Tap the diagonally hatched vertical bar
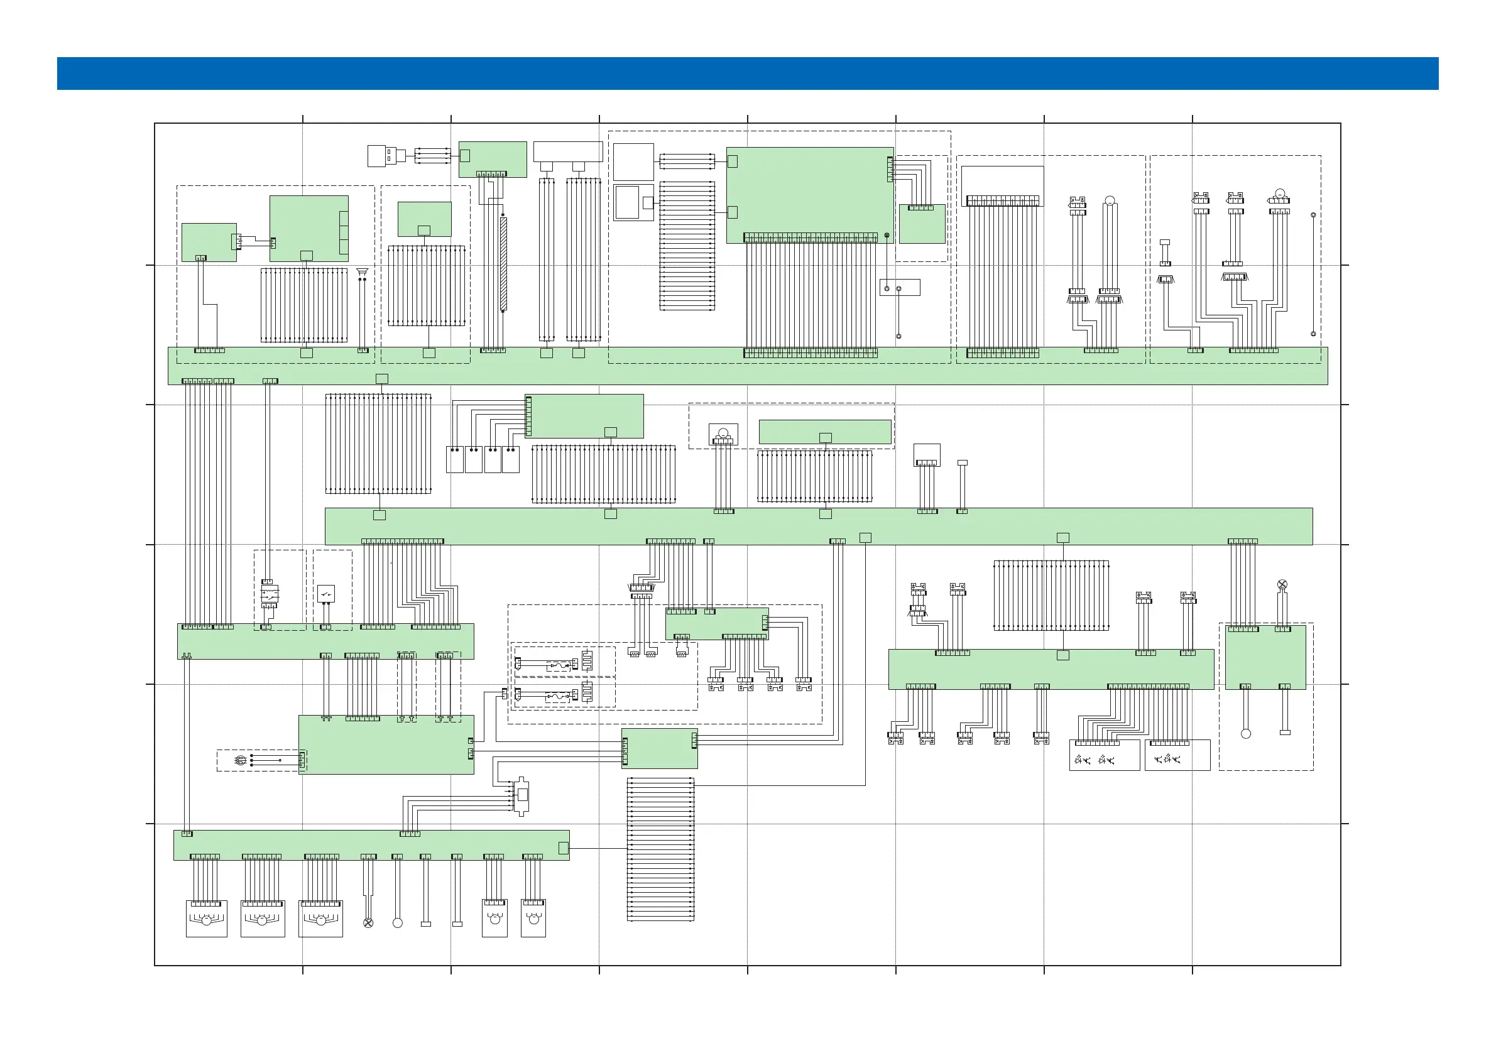point(503,264)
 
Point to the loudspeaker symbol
point(363,271)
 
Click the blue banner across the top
point(747,73)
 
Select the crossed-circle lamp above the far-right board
point(1282,584)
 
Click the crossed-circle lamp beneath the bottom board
point(368,922)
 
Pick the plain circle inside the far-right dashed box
point(1246,734)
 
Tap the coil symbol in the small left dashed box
point(240,760)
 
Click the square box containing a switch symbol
point(326,594)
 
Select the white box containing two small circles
point(899,287)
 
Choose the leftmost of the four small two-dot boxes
point(454,459)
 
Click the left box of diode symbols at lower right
point(1104,756)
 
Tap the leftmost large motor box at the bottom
point(206,919)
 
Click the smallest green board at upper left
point(209,243)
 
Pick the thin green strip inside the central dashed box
point(825,432)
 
